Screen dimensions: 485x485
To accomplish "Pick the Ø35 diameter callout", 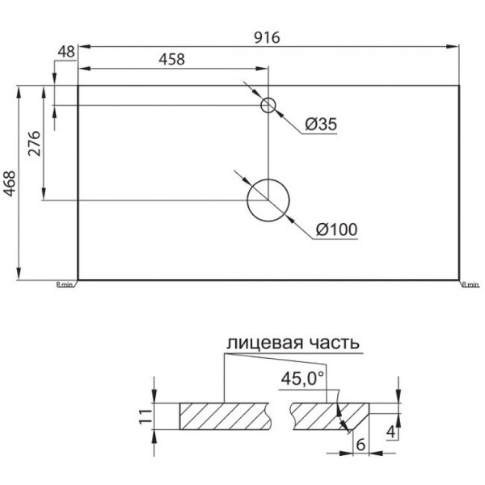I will (321, 124).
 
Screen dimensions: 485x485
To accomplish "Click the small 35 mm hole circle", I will (268, 105).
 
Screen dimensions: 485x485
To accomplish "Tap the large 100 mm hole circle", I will (268, 200).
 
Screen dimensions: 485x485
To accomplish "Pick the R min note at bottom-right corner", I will (470, 285).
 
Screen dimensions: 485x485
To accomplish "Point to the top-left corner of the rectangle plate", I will (78, 83).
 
